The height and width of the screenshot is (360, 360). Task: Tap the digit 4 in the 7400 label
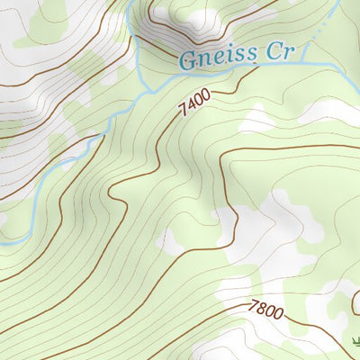pyautogui.click(x=190, y=110)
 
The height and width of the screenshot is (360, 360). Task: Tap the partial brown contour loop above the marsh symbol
pyautogui.click(x=355, y=301)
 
